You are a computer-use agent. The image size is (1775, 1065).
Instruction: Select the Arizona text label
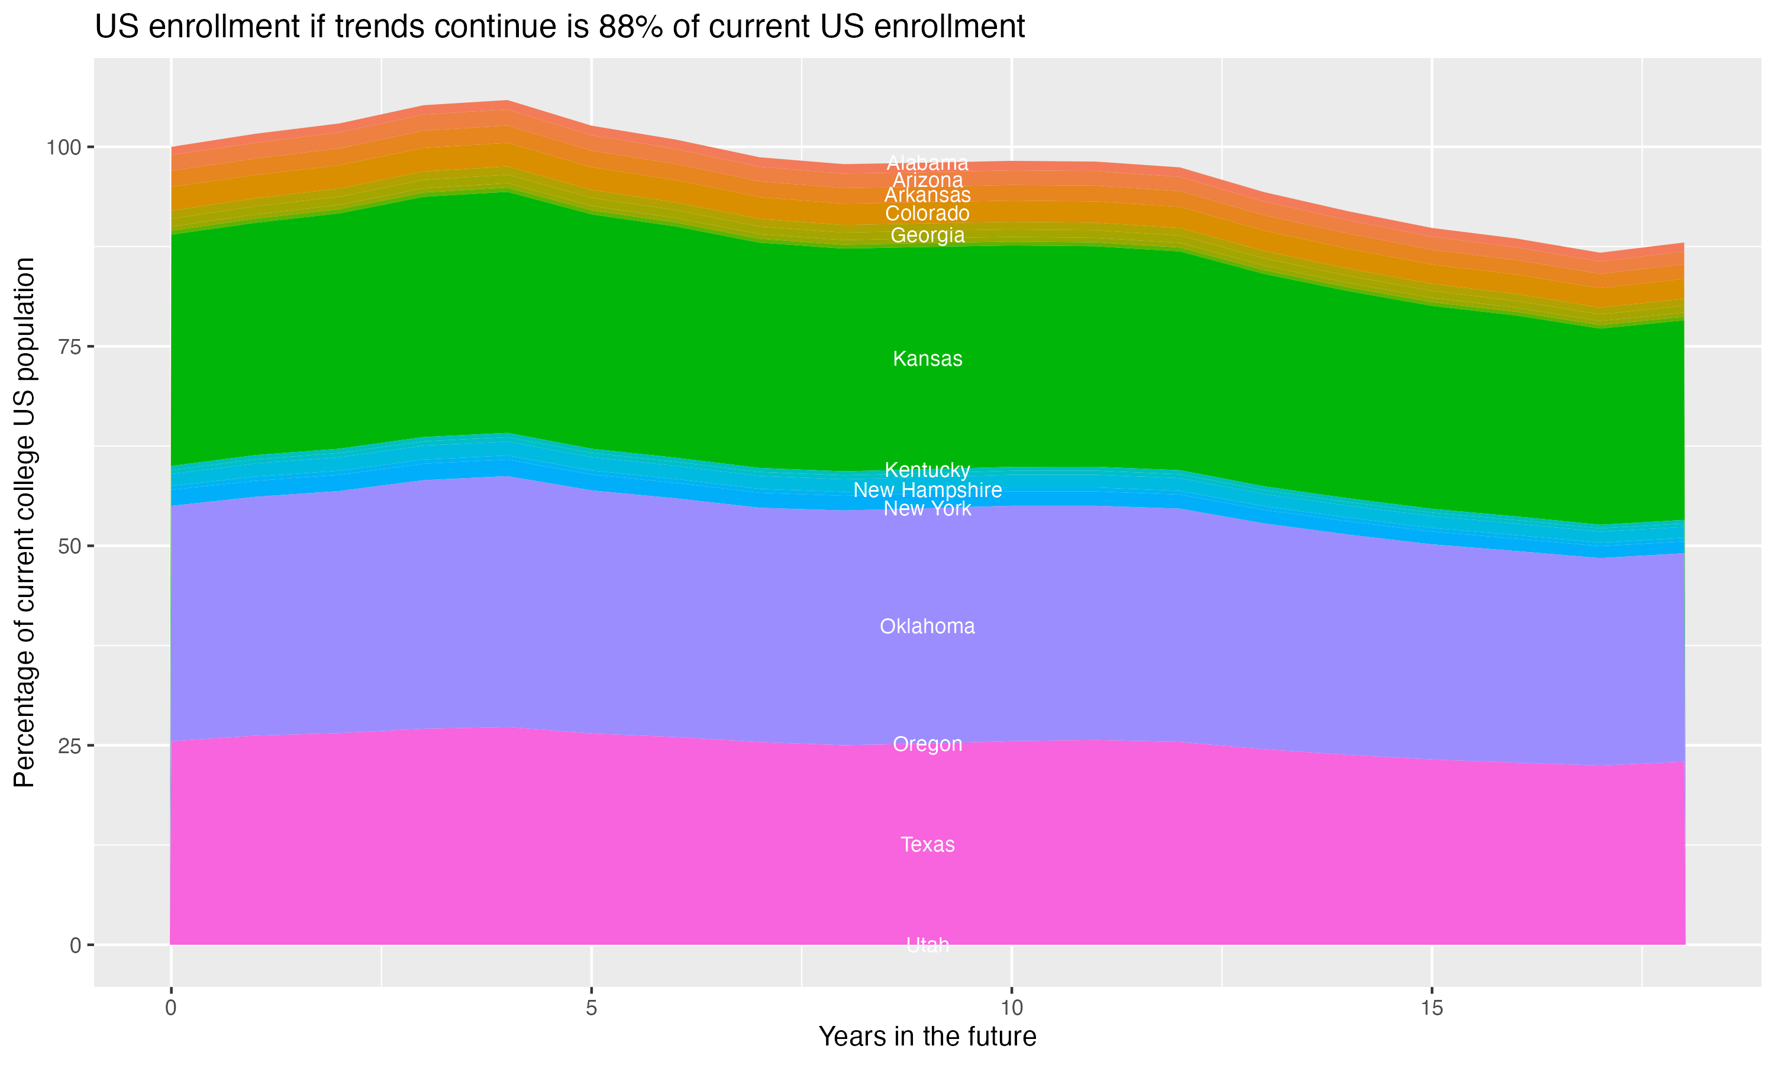927,180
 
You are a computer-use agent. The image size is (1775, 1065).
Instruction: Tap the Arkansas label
927,195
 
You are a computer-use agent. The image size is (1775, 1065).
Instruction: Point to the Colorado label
927,214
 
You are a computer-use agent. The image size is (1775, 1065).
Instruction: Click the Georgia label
927,235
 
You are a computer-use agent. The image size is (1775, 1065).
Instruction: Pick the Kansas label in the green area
927,359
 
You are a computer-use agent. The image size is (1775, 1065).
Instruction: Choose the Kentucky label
927,470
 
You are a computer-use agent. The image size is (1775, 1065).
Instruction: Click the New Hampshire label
927,490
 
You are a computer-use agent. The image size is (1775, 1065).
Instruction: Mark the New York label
927,509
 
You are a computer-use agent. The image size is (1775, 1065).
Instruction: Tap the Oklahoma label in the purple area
927,627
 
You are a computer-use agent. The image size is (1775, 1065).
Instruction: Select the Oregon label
927,744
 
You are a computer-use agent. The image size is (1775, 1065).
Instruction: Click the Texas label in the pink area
927,845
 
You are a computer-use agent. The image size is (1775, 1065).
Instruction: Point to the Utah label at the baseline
927,945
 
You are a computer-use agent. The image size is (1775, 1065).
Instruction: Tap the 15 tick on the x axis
1431,1008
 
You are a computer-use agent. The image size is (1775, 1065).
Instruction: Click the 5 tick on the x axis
591,1008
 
